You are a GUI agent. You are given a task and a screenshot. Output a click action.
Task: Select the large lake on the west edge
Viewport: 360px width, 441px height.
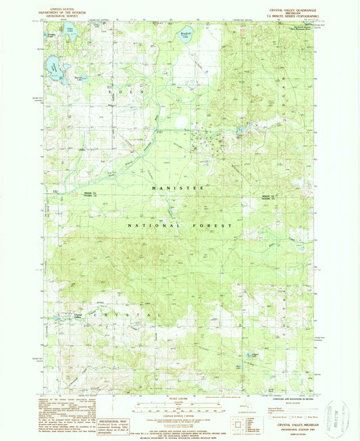pyautogui.click(x=51, y=67)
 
